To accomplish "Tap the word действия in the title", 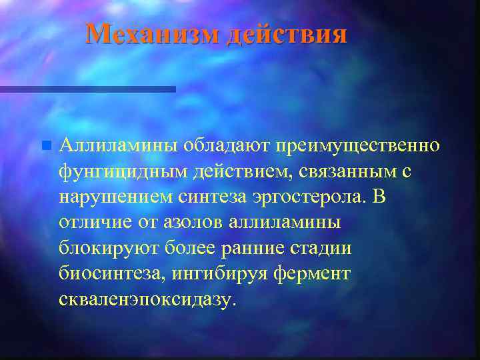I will click(287, 33).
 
